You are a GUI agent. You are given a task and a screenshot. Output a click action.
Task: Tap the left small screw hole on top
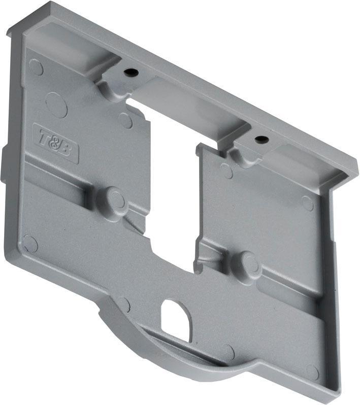click(132, 73)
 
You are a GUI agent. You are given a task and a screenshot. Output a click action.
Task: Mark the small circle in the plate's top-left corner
click(36, 66)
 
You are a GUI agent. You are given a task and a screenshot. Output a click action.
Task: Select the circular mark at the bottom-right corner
click(313, 372)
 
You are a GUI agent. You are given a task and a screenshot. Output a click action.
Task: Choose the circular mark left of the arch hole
click(124, 304)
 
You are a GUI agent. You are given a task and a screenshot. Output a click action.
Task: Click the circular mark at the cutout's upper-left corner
click(125, 120)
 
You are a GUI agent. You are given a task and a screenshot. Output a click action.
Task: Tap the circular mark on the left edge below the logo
click(30, 244)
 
